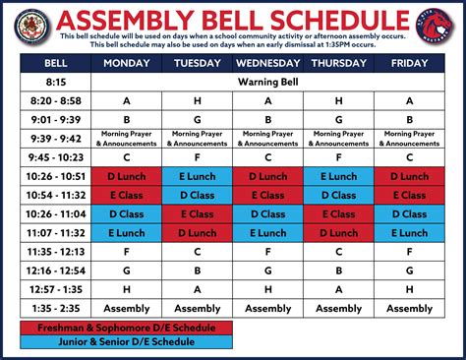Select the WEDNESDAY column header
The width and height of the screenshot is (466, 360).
[x=267, y=62]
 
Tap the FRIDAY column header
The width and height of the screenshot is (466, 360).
[x=409, y=62]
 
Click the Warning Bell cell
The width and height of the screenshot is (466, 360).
[x=267, y=82]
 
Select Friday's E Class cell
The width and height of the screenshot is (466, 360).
[x=409, y=195]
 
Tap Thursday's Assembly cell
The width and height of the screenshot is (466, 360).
[x=339, y=308]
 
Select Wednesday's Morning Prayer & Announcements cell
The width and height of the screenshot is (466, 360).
[x=267, y=138]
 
